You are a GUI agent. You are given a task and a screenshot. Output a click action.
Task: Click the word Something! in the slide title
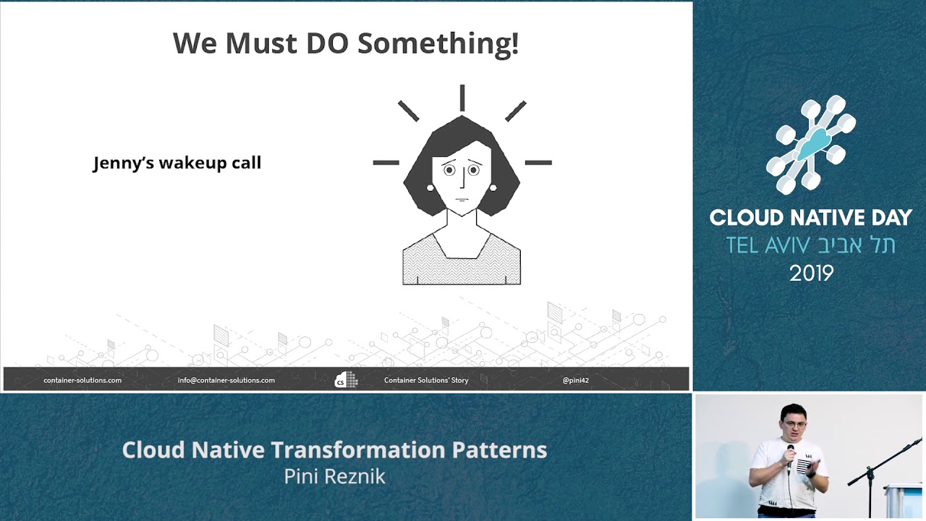(438, 43)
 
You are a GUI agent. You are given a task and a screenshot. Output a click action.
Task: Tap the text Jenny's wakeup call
(177, 163)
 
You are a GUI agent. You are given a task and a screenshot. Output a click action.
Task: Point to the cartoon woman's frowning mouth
(462, 199)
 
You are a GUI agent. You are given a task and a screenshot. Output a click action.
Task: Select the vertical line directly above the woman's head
(462, 98)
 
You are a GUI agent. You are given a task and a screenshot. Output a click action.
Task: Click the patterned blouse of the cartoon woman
(462, 264)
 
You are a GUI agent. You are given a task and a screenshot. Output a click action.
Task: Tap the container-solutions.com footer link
(82, 380)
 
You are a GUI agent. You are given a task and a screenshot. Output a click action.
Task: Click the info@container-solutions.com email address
(226, 380)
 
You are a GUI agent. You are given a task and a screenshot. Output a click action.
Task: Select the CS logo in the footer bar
(346, 380)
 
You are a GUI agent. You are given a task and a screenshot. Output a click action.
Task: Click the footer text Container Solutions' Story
(426, 380)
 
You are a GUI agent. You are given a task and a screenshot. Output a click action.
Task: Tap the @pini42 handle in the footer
(575, 380)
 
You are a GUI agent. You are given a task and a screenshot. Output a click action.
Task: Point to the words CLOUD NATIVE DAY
(810, 218)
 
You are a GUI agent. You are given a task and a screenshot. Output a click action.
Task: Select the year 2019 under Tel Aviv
(811, 274)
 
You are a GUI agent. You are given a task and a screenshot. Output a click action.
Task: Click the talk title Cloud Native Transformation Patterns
(334, 450)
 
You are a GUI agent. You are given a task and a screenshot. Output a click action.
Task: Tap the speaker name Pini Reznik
(334, 476)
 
